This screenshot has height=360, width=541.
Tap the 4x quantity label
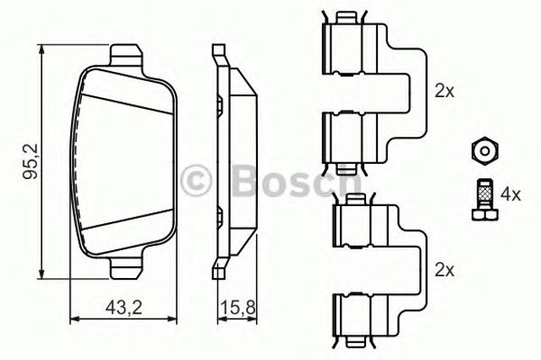tap(510, 194)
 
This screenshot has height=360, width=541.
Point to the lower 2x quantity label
tap(445, 270)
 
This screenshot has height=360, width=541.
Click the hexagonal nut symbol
tap(483, 150)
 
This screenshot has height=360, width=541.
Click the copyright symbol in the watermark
tap(196, 178)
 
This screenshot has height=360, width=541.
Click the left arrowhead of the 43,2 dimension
tap(71, 319)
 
